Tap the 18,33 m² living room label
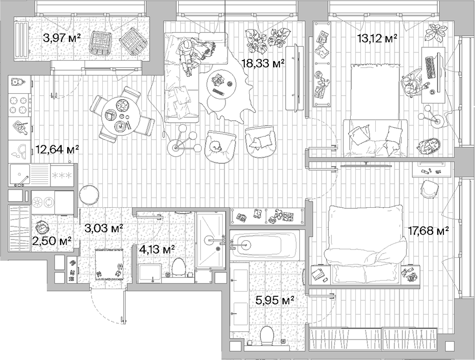(x=263, y=63)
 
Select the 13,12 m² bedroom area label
(x=377, y=38)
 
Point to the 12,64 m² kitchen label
(x=57, y=150)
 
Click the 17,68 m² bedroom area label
(x=428, y=231)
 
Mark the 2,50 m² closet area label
(x=51, y=240)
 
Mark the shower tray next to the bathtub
(x=210, y=239)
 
